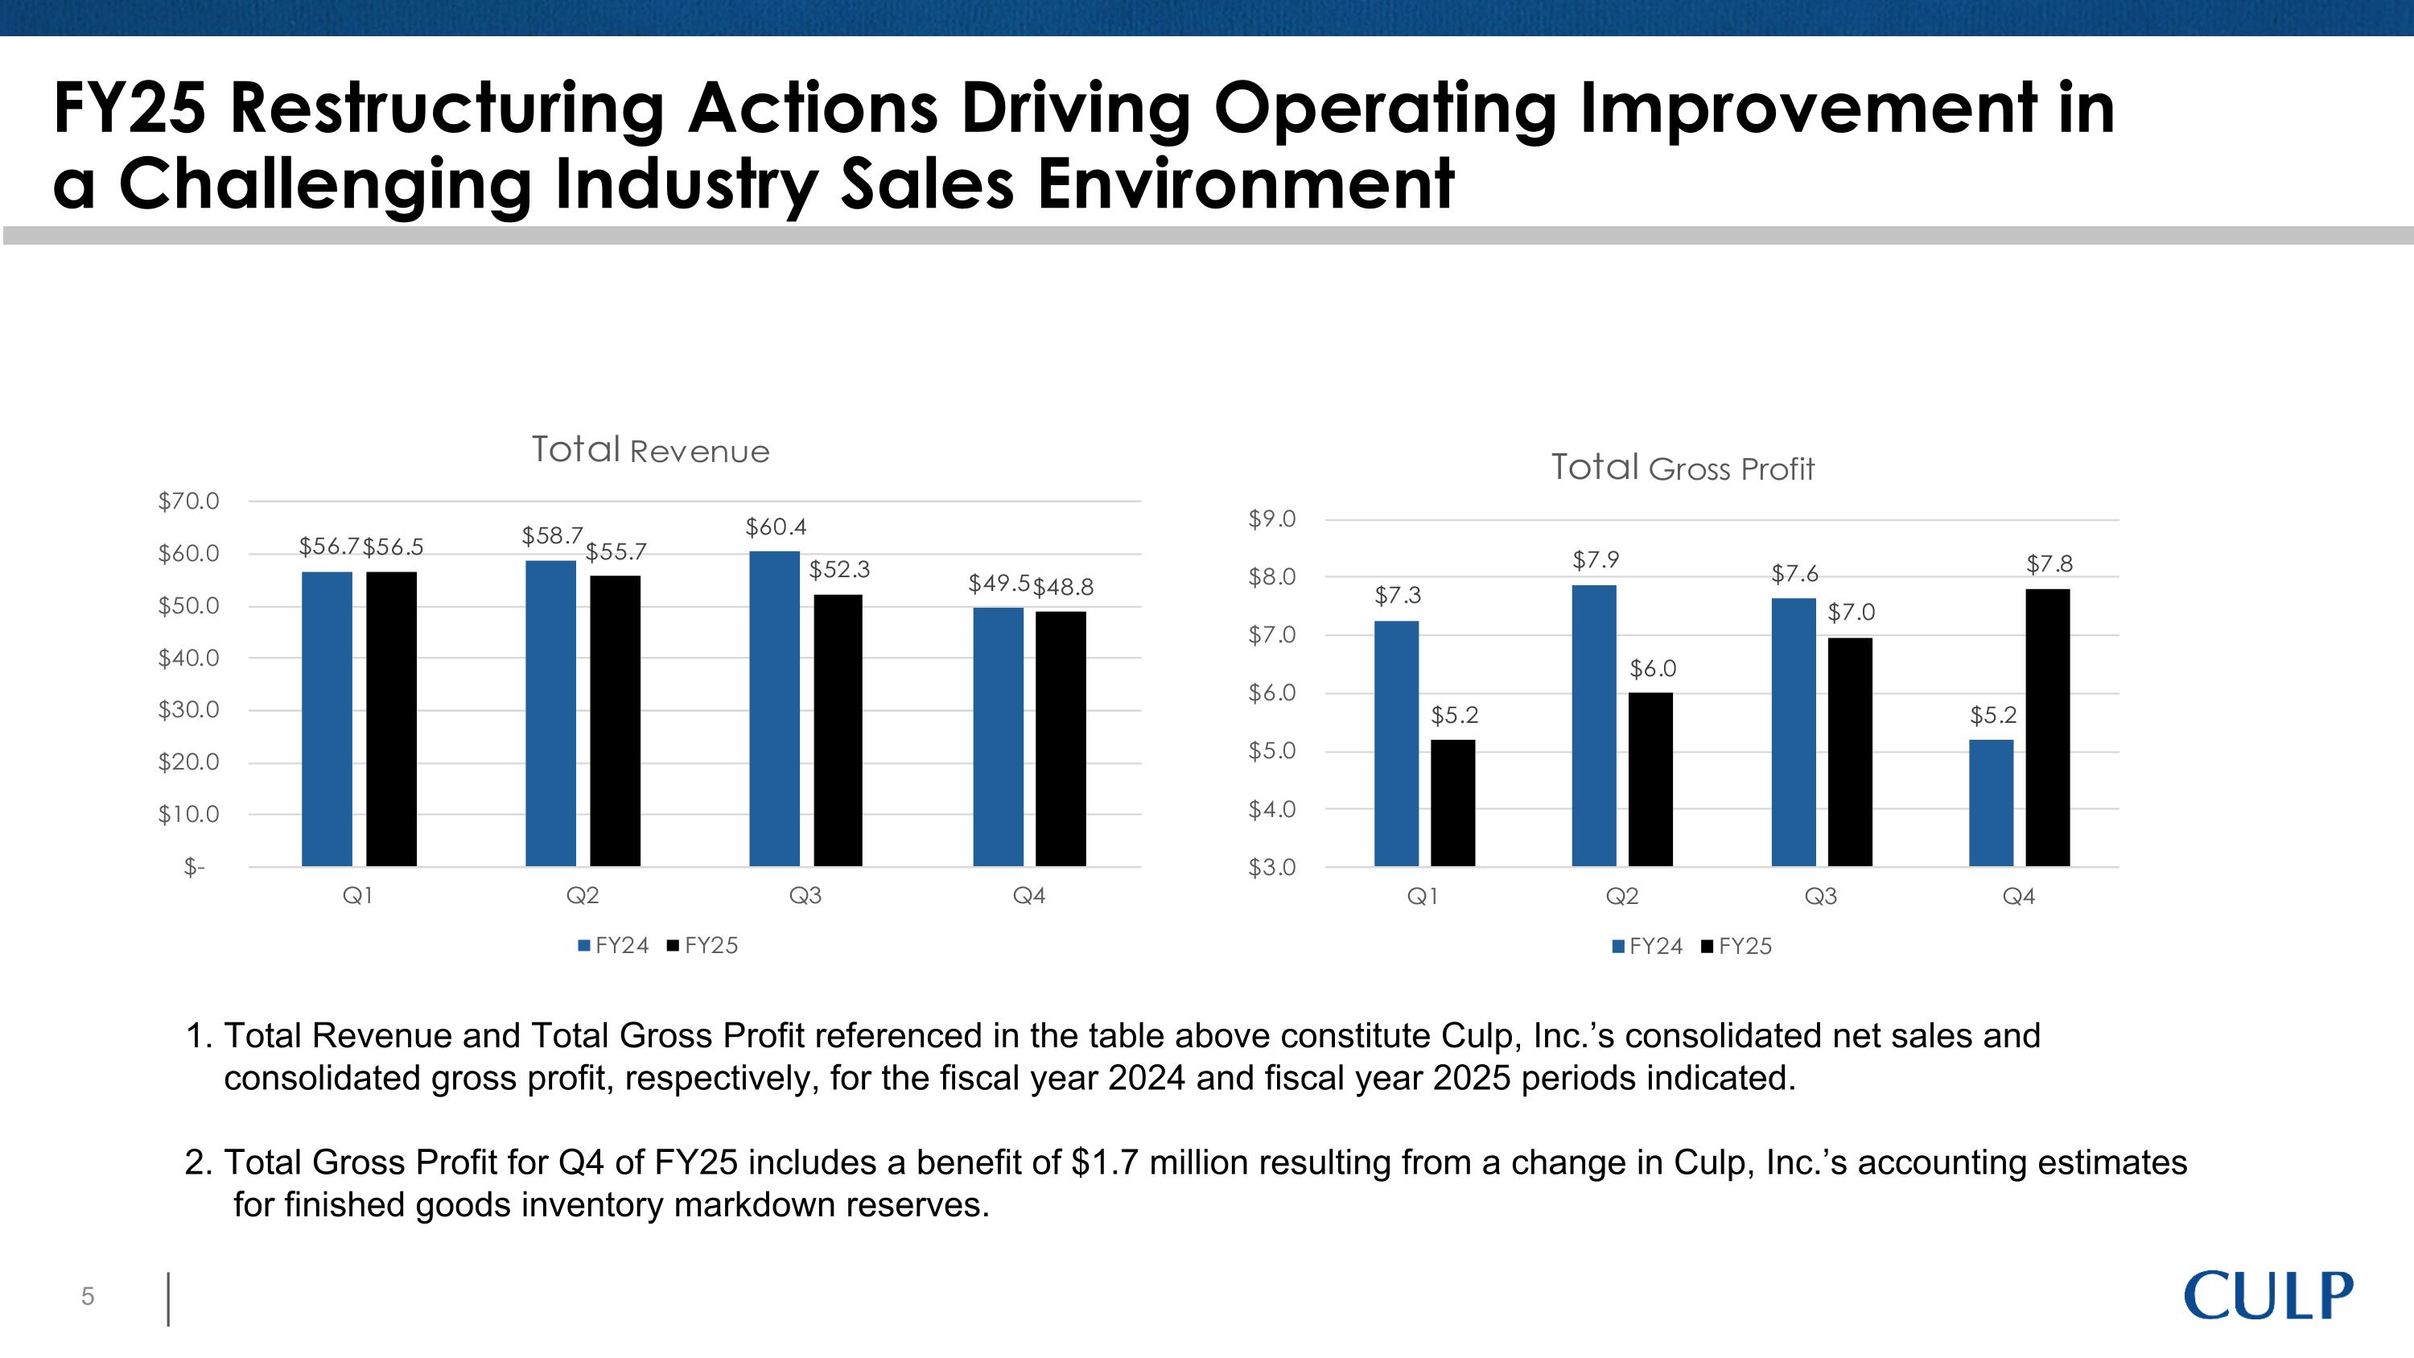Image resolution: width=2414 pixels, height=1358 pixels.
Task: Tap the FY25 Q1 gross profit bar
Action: (1452, 803)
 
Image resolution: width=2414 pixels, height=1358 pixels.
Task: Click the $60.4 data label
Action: (775, 526)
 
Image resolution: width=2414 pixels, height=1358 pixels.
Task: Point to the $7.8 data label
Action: (2049, 563)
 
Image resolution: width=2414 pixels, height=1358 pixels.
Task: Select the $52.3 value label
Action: (838, 569)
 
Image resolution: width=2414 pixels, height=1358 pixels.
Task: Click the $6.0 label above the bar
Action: (1652, 668)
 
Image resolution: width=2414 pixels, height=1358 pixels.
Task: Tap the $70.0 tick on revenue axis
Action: (188, 502)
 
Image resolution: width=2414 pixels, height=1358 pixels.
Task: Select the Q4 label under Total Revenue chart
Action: (1028, 896)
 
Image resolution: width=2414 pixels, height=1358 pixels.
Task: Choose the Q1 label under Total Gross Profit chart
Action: (1422, 897)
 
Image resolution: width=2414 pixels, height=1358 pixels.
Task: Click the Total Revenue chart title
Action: (650, 450)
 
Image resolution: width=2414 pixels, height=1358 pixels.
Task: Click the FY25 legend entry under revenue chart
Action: (702, 946)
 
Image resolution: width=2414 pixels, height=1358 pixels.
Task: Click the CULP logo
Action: (2268, 1296)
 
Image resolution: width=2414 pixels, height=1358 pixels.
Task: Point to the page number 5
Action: (88, 1296)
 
